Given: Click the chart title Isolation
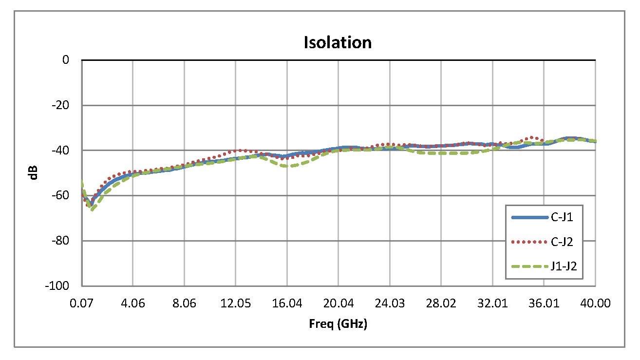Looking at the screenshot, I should (338, 42).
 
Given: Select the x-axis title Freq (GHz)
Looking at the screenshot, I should (338, 324).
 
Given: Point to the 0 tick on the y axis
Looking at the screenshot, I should (65, 60).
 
